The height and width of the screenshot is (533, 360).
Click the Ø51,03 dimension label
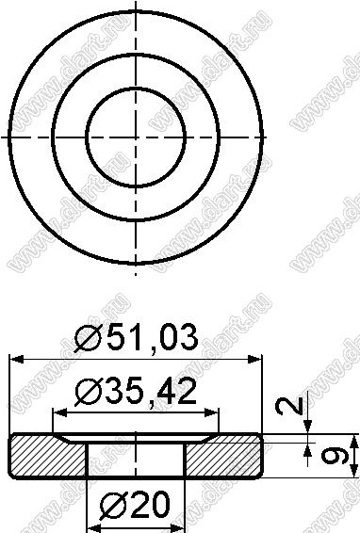point(136,337)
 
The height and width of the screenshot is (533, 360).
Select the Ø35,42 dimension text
point(136,392)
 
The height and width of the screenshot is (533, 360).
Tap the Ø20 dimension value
point(135,505)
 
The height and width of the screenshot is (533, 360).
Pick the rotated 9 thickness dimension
point(335,456)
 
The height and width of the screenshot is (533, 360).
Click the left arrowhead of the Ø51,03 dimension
point(17,360)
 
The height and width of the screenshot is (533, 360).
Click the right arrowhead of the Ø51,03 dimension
point(254,360)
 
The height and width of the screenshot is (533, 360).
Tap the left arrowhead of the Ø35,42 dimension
point(60,413)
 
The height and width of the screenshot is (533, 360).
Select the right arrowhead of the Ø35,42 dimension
point(210,413)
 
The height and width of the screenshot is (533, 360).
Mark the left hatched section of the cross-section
point(48,456)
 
